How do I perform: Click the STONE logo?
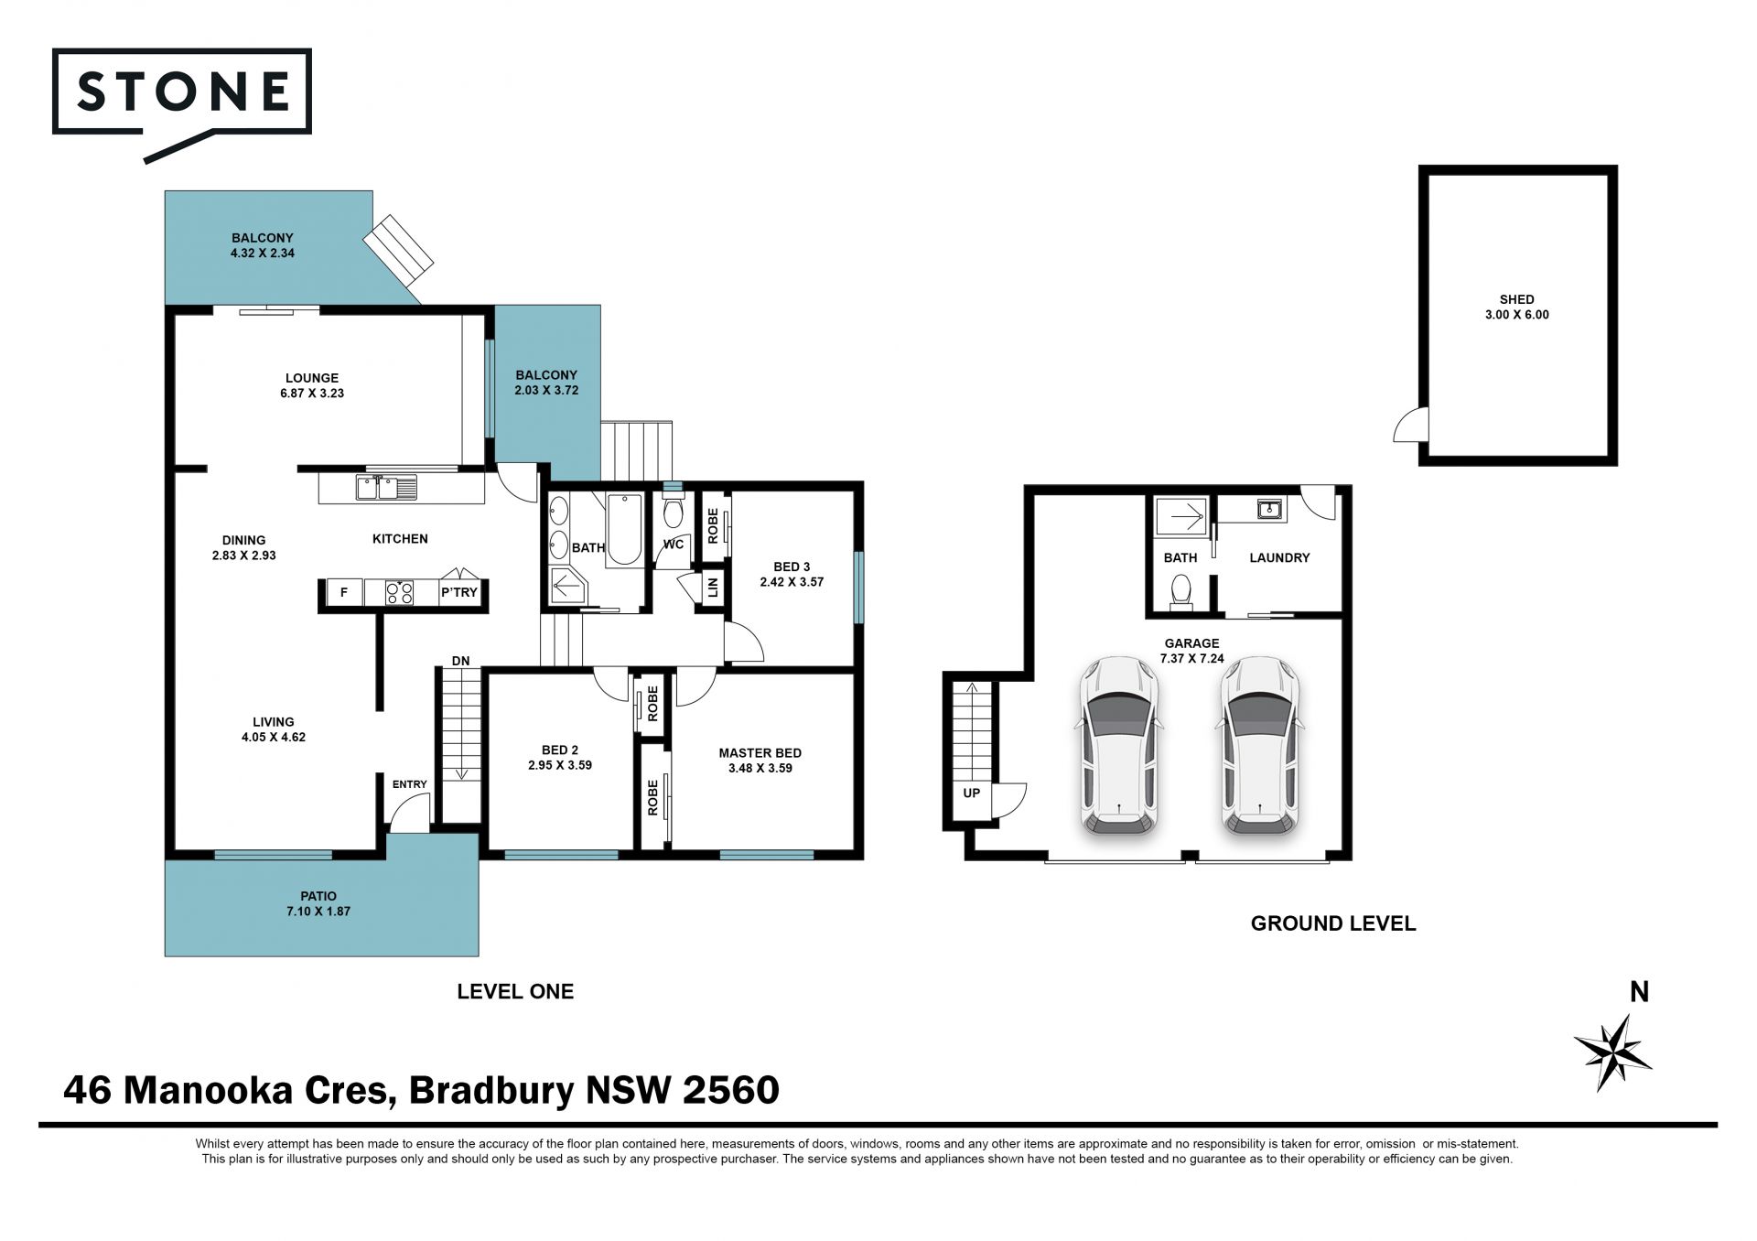pyautogui.click(x=182, y=103)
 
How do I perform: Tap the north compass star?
pyautogui.click(x=1612, y=1052)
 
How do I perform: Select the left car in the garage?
pyautogui.click(x=1119, y=746)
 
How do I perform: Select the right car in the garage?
pyautogui.click(x=1260, y=746)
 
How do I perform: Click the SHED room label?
pyautogui.click(x=1516, y=299)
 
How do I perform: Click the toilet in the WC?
pyautogui.click(x=673, y=513)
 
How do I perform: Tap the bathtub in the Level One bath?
pyautogui.click(x=625, y=529)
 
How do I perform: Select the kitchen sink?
pyautogui.click(x=386, y=487)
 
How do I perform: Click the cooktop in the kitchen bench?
pyautogui.click(x=399, y=592)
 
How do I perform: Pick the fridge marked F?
pyautogui.click(x=344, y=592)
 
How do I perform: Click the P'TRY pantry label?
pyautogui.click(x=459, y=592)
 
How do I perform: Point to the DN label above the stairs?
pyautogui.click(x=460, y=661)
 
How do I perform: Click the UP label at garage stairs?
pyautogui.click(x=971, y=793)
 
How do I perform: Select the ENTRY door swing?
pyautogui.click(x=410, y=813)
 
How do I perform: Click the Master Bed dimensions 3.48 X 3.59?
pyautogui.click(x=760, y=768)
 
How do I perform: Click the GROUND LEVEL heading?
pyautogui.click(x=1333, y=923)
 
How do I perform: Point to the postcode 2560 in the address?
pyautogui.click(x=731, y=1089)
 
